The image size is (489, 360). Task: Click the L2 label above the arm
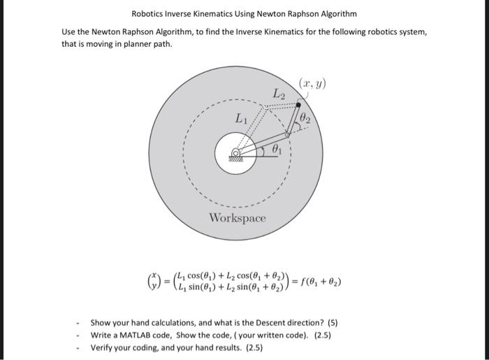[x=279, y=94]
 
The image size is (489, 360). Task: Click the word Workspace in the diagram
[x=238, y=217]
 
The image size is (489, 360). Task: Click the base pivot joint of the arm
[x=236, y=152]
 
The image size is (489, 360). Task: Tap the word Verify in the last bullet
[x=103, y=347]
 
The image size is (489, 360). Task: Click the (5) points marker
[x=333, y=323]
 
